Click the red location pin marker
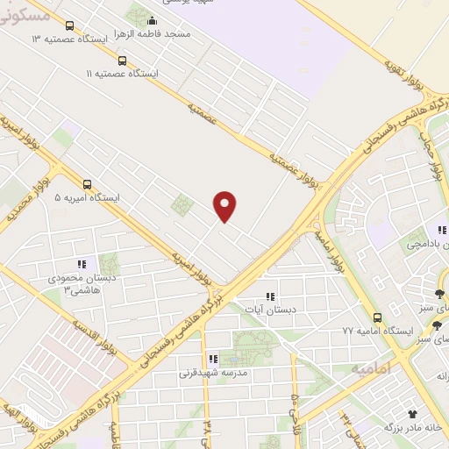point(225,205)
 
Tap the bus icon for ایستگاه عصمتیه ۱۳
point(70,25)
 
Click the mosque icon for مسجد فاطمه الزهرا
point(153,21)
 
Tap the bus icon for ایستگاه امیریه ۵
point(87,184)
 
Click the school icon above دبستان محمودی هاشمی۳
point(82,263)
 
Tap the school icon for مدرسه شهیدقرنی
point(212,359)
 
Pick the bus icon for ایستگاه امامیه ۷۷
point(377,317)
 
